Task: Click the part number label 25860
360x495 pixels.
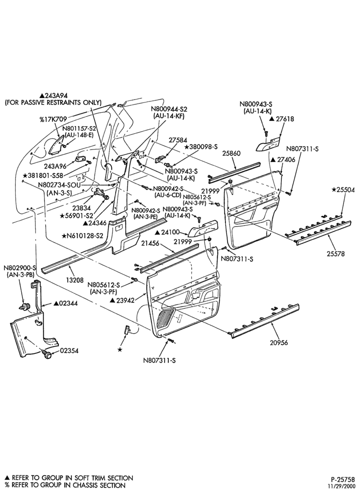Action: (x=232, y=153)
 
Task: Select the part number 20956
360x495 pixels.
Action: (x=279, y=342)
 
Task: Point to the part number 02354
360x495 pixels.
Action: (x=69, y=351)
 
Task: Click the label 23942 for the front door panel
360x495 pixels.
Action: (x=122, y=300)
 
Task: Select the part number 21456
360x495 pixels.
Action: (x=150, y=243)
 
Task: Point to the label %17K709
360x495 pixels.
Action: (x=52, y=119)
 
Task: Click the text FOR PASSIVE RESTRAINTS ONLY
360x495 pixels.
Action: (x=53, y=102)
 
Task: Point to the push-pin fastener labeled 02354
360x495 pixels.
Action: (x=48, y=355)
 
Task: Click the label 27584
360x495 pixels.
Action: (x=178, y=140)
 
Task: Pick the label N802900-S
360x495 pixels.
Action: (x=20, y=267)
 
